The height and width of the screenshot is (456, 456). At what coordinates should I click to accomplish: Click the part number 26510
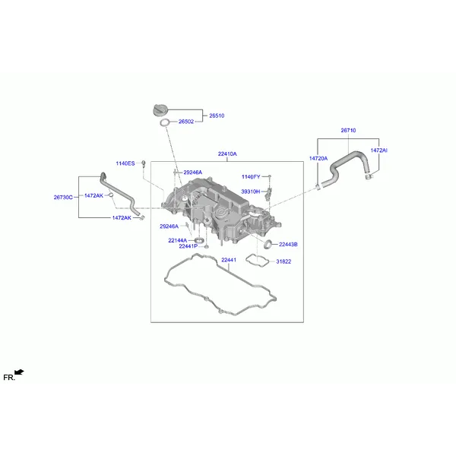217,116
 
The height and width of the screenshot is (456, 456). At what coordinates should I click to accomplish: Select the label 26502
186,122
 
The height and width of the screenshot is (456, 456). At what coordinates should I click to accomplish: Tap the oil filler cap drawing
160,110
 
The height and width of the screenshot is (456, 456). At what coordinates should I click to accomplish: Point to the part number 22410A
227,154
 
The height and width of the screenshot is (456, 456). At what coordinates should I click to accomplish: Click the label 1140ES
125,163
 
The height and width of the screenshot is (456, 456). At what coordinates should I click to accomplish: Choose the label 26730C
63,198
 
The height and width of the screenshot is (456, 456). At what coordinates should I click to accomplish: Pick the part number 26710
348,130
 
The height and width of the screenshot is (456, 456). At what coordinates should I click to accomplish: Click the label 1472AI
379,150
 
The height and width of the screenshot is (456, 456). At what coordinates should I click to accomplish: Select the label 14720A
318,159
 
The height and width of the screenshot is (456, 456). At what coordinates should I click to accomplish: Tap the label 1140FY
251,177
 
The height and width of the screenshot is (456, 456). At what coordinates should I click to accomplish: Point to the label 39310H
251,192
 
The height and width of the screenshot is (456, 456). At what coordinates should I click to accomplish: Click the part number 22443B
288,245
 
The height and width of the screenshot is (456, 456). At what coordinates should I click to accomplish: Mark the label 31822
283,261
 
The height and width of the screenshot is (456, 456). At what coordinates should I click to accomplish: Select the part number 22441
229,260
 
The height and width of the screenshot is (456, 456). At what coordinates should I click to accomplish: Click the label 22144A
178,240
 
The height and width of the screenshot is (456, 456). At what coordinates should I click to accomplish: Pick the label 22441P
188,246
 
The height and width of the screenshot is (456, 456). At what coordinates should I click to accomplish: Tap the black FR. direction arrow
20,372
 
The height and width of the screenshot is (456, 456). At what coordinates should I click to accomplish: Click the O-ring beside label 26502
161,122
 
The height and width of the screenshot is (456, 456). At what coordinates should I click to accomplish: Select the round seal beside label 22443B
264,245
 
